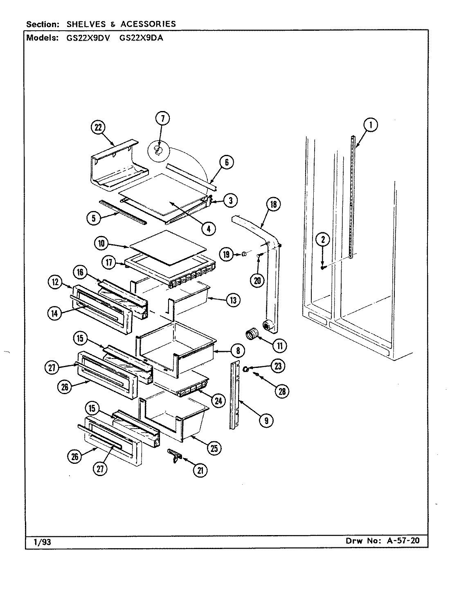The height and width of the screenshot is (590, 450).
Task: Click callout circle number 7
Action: tap(162, 119)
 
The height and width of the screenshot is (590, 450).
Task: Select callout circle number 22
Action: tap(98, 127)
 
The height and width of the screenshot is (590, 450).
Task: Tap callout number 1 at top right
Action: tap(371, 125)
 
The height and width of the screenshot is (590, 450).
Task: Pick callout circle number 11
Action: tap(280, 346)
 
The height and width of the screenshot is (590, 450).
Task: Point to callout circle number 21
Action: tap(200, 470)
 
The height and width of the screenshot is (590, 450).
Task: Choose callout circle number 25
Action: tap(214, 448)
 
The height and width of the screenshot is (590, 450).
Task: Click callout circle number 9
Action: tap(267, 420)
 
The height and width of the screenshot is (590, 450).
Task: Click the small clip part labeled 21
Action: tap(174, 455)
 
